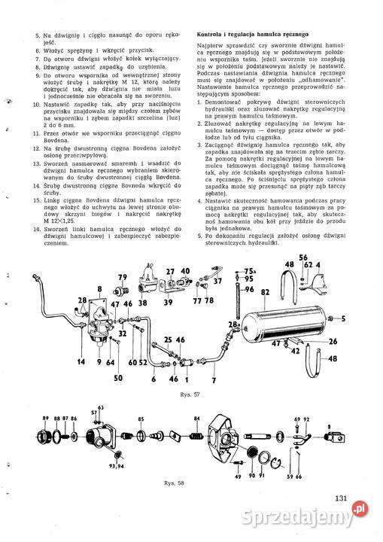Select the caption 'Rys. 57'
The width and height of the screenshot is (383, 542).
(x=190, y=394)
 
